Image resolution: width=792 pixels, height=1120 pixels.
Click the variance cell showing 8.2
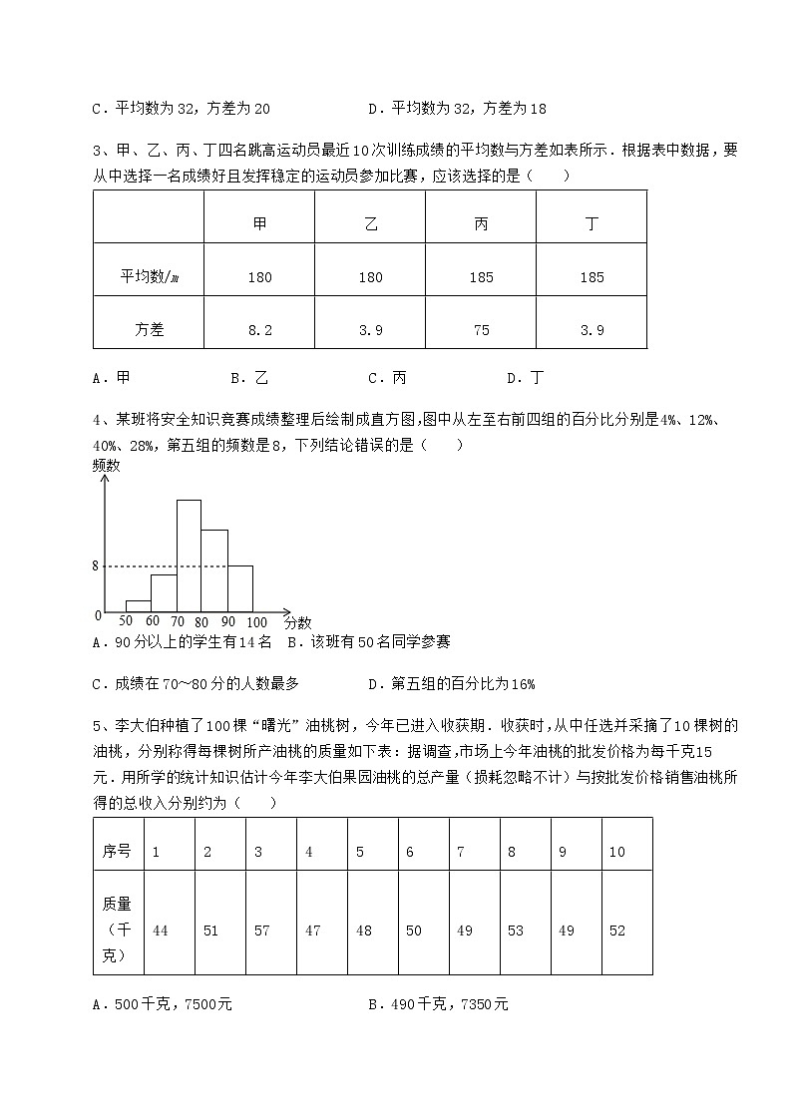tap(259, 330)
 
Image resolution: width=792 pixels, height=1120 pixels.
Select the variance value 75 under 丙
tap(481, 330)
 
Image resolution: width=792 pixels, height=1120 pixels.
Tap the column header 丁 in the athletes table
tap(592, 224)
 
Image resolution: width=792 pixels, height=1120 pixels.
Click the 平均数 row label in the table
tap(149, 277)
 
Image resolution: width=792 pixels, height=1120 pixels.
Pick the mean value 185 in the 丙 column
tap(481, 277)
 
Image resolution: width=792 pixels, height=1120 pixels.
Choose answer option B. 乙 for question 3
tap(249, 378)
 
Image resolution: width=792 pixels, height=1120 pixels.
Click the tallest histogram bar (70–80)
tap(190, 556)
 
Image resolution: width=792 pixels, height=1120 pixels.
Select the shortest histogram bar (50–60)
tap(139, 605)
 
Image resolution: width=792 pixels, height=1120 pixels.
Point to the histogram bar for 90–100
tap(240, 588)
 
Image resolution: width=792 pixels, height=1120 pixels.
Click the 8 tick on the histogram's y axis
tap(97, 565)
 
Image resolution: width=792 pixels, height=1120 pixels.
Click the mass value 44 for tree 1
tap(160, 931)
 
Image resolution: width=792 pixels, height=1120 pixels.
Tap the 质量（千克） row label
tap(118, 930)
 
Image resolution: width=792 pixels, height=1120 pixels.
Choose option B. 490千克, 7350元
tap(438, 1004)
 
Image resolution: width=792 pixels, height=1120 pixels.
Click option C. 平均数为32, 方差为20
tap(181, 109)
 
